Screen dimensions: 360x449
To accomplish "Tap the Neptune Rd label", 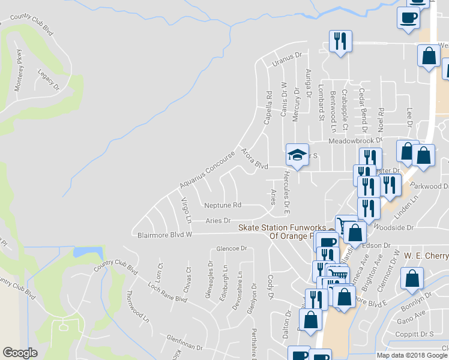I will (x=222, y=205).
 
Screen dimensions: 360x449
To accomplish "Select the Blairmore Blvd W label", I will (x=164, y=235).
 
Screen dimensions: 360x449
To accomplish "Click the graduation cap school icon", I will (x=297, y=155).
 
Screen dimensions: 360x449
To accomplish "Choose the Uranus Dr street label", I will (x=286, y=59).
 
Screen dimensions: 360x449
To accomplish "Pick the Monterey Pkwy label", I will (x=20, y=67).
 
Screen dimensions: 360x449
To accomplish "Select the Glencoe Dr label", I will (x=232, y=248).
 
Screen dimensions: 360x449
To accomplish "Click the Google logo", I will (x=20, y=353).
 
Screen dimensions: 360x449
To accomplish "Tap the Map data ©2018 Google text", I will (x=412, y=355).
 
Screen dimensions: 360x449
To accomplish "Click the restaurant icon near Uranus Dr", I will (x=340, y=41).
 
